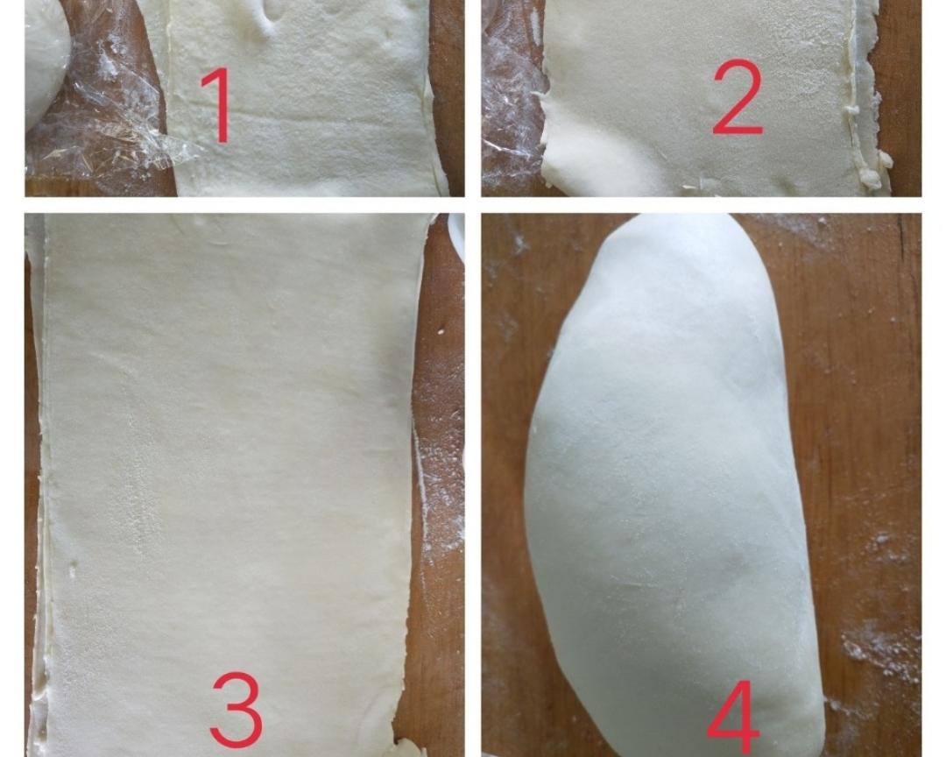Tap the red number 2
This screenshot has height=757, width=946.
click(737, 96)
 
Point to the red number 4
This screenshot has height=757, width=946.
click(732, 718)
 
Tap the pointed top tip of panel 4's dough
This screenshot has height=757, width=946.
click(633, 216)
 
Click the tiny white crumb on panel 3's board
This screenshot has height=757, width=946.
click(442, 331)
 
